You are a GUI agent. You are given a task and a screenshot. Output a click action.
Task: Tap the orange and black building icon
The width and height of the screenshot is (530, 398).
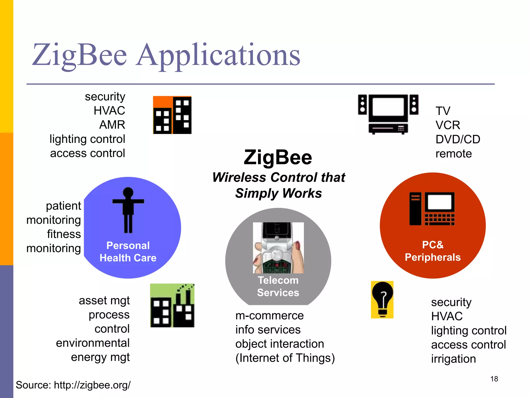pyautogui.click(x=172, y=115)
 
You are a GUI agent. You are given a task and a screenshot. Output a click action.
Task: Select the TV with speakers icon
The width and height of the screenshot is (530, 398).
pyautogui.click(x=388, y=114)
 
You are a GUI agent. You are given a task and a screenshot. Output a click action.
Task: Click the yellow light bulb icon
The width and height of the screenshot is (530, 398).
pyautogui.click(x=382, y=300)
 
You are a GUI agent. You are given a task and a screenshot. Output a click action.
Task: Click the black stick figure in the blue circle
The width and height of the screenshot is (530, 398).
pyautogui.click(x=128, y=210)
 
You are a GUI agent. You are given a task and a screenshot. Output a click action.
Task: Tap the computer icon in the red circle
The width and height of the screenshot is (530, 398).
pyautogui.click(x=432, y=209)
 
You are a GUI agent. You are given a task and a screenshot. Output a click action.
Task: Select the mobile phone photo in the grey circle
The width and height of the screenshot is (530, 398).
pyautogui.click(x=278, y=248)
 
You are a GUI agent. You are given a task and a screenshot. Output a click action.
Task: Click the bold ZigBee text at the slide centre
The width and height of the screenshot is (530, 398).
pyautogui.click(x=278, y=157)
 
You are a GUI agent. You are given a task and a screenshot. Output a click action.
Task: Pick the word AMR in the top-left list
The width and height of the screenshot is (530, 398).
pyautogui.click(x=112, y=125)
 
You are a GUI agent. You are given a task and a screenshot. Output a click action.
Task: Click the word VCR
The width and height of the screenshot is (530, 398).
pyautogui.click(x=448, y=125)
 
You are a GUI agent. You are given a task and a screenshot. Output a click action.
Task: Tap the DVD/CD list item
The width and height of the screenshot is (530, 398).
pyautogui.click(x=458, y=139)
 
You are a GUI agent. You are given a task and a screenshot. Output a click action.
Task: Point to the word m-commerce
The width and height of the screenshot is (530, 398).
pyautogui.click(x=269, y=316)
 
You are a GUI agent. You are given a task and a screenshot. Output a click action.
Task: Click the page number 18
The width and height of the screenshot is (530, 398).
pyautogui.click(x=494, y=379)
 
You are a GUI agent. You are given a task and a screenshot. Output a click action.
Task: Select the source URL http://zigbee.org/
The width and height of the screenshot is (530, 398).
pyautogui.click(x=92, y=385)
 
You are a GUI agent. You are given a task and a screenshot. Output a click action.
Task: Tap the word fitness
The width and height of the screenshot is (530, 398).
pyautogui.click(x=64, y=234)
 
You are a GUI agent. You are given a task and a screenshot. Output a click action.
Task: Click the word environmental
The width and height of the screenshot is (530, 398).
pyautogui.click(x=93, y=343)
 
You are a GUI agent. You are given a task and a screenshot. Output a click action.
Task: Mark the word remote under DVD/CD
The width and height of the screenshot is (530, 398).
pyautogui.click(x=453, y=154)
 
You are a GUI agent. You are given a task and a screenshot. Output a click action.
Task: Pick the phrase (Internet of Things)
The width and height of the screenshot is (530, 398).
pyautogui.click(x=285, y=358)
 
